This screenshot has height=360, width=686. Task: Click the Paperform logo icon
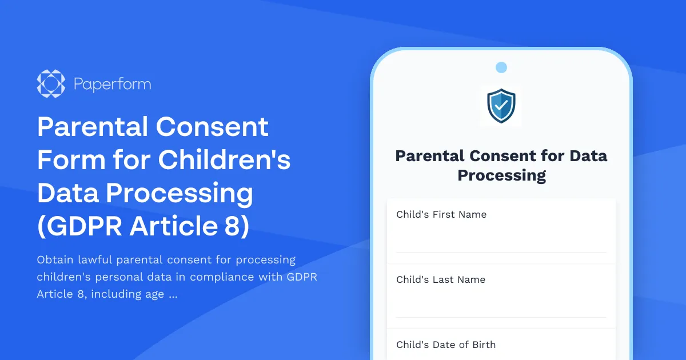click(x=51, y=84)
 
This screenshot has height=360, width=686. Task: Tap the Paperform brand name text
click(x=112, y=85)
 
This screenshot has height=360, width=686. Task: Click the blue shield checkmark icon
click(x=501, y=105)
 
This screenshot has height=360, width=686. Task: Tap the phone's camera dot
click(x=501, y=67)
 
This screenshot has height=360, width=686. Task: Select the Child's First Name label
click(x=441, y=214)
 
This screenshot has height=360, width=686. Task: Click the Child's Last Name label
click(x=441, y=279)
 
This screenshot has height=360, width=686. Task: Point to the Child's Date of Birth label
click(x=446, y=345)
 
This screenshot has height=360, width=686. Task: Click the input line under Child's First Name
click(x=501, y=251)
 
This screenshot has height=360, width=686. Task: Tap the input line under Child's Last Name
click(x=501, y=317)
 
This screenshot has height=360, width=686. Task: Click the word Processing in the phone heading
click(x=501, y=175)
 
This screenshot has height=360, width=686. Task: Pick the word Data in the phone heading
click(x=585, y=155)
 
